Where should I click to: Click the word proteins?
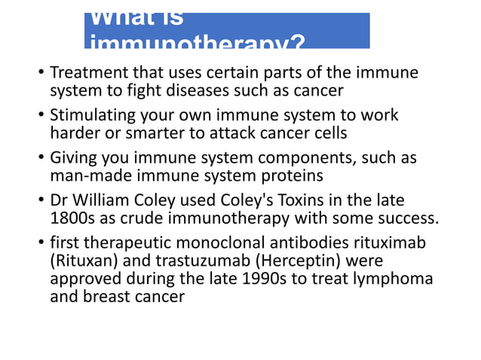click(293, 176)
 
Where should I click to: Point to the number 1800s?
click(70, 219)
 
